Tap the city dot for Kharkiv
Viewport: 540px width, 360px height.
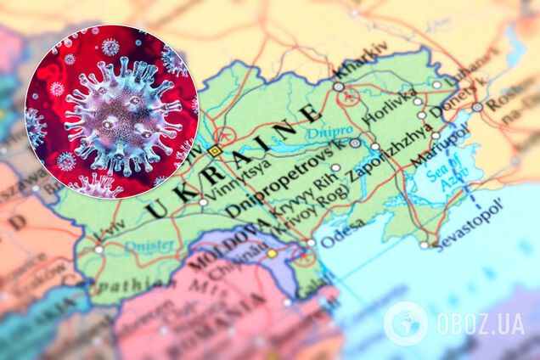pos(339,87)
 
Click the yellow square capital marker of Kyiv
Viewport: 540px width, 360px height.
pos(214,150)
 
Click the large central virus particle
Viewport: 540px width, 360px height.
pos(119,110)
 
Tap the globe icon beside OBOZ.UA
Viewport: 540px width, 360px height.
pos(406,323)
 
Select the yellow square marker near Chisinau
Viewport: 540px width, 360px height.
pos(272,252)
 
